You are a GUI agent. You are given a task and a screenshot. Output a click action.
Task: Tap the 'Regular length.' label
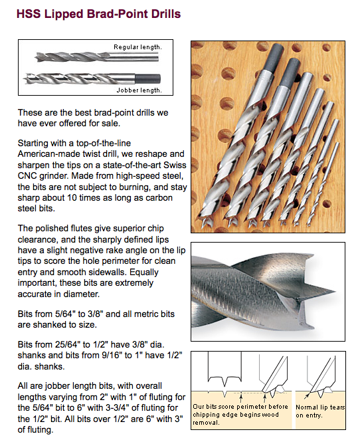click(137, 47)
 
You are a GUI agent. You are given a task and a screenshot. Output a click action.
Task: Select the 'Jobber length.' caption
click(139, 90)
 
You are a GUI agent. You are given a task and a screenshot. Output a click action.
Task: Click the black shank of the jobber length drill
click(147, 79)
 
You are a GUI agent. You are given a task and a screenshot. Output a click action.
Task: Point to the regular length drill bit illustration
click(96, 57)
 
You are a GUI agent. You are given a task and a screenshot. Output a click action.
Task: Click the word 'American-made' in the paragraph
click(49, 154)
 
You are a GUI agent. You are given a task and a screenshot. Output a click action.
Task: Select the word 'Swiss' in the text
click(175, 165)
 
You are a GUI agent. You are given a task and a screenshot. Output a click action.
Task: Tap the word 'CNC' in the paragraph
click(27, 176)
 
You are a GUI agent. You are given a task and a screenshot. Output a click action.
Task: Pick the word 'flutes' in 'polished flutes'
click(79, 229)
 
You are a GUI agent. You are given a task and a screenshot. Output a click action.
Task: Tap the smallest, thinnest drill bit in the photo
click(323, 183)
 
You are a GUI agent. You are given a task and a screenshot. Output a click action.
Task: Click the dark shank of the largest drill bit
click(274, 57)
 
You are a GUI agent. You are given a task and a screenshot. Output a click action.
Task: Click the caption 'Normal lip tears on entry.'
click(320, 411)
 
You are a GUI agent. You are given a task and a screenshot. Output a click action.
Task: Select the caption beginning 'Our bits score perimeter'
click(240, 415)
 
